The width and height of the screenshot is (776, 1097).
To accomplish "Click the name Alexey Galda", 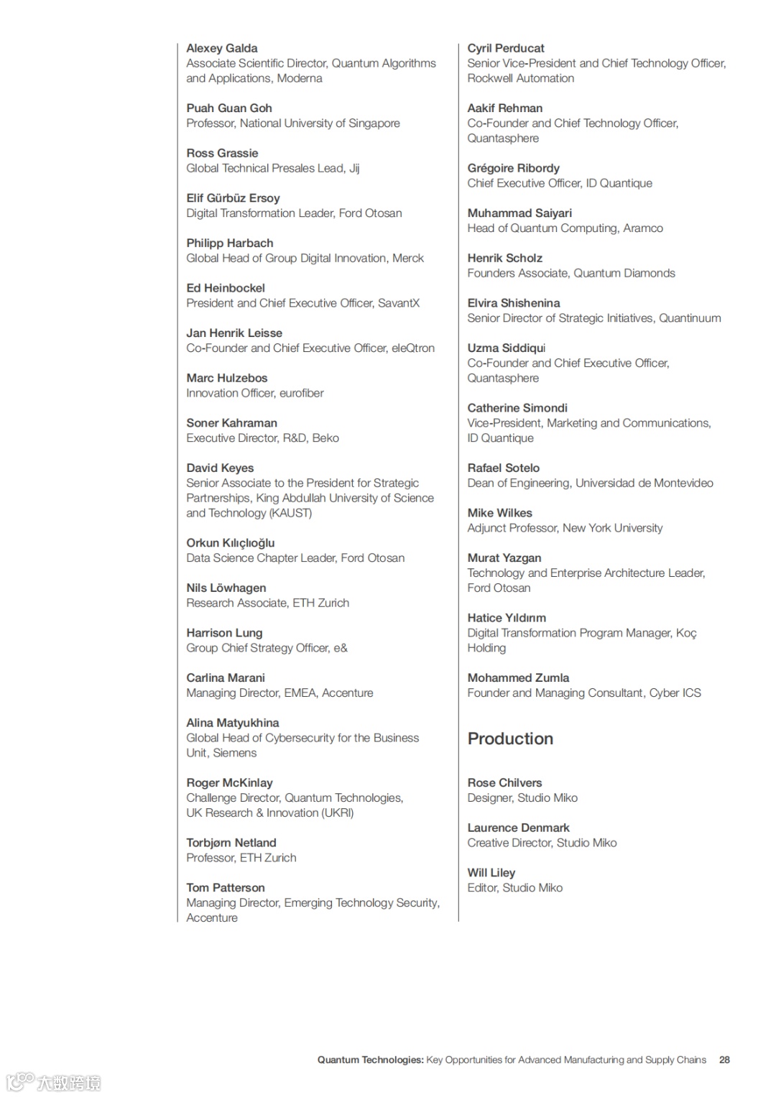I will [x=221, y=48].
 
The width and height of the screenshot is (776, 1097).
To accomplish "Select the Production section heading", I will [x=510, y=739].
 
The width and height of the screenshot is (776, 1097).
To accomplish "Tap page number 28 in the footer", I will [x=724, y=1060].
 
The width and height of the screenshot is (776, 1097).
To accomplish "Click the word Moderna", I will [x=300, y=78].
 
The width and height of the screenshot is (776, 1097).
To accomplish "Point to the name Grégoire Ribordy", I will [x=513, y=168].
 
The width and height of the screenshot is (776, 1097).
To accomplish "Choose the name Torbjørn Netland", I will [x=231, y=843].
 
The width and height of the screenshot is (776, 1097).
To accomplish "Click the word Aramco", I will [x=643, y=228].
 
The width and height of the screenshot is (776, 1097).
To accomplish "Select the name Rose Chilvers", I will [x=504, y=783].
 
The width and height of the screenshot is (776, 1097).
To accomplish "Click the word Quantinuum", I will [x=690, y=318].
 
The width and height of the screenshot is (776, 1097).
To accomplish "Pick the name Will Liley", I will [x=491, y=873].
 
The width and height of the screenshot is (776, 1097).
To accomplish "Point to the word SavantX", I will [x=399, y=303].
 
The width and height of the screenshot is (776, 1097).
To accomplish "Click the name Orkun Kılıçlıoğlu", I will [x=230, y=543].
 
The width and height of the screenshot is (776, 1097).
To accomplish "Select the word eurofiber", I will [x=301, y=393].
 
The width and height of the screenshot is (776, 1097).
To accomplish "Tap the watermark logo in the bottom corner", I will [x=54, y=1081].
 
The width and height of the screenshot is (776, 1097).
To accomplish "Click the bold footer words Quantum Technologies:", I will [x=370, y=1060].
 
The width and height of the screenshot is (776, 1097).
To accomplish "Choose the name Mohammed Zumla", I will [x=518, y=678].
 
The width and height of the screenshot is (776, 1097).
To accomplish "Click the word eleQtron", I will [x=412, y=348].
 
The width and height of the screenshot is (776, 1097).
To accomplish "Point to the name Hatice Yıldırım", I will [x=507, y=618].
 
